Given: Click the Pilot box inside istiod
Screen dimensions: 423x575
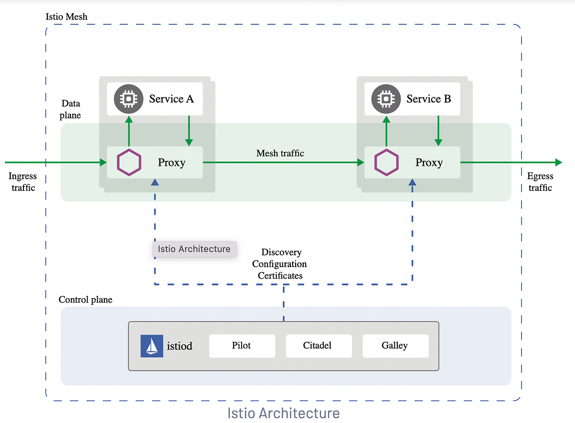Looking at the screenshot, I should (x=242, y=346).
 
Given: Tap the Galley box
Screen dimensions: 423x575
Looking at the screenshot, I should (x=395, y=346).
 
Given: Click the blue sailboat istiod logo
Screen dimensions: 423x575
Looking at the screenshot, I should (x=152, y=346).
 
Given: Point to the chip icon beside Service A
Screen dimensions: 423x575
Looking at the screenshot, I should (x=128, y=98).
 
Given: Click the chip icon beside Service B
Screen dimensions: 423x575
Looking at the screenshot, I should (x=385, y=98).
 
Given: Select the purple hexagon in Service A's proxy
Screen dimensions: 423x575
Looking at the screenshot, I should (x=129, y=163).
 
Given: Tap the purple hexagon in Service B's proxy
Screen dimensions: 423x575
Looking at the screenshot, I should (x=386, y=163).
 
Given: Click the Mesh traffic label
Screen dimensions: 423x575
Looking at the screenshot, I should (x=280, y=153).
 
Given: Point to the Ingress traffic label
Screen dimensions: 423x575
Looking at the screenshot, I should (x=23, y=182).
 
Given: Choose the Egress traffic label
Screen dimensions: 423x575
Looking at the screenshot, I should (x=540, y=182).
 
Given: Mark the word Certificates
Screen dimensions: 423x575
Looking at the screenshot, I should (x=280, y=276).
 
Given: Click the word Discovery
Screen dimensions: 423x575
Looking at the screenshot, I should (x=281, y=252).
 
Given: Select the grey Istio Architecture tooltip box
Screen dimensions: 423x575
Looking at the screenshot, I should (x=194, y=249).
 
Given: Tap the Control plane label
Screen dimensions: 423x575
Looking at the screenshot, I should (x=85, y=300).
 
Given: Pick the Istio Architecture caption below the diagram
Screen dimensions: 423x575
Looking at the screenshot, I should (x=283, y=413).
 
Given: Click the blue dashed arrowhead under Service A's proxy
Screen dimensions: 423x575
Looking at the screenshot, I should (x=154, y=183).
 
